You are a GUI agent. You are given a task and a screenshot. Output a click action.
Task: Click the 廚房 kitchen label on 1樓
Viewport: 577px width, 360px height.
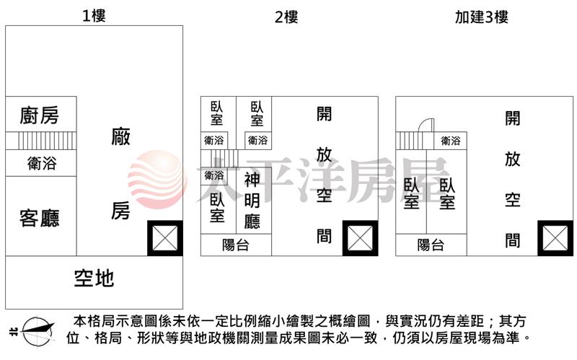click(40, 115)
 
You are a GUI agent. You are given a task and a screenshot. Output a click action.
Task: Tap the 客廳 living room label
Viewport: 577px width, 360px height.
click(40, 218)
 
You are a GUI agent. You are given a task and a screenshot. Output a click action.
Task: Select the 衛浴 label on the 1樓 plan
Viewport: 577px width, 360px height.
click(42, 163)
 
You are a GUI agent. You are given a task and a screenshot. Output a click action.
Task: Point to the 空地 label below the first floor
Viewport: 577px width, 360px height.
click(94, 278)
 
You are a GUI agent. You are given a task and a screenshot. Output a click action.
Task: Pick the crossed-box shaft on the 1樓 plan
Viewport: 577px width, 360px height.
click(165, 238)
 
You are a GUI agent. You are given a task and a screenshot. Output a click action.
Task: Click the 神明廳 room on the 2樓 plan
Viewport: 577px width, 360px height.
click(252, 201)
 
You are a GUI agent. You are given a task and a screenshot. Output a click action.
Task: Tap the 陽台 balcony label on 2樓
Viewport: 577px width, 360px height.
click(236, 245)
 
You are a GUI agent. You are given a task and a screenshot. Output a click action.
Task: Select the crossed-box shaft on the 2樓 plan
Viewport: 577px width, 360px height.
click(360, 238)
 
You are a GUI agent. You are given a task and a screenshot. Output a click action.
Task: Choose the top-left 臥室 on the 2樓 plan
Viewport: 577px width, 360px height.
click(217, 113)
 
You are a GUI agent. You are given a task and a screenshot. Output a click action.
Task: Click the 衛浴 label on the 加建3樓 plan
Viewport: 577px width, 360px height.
click(451, 140)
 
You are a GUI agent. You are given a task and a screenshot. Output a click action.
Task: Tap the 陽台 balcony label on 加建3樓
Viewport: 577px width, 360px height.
click(431, 245)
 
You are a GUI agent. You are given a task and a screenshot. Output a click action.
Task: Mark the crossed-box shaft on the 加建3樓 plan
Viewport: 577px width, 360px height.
click(555, 238)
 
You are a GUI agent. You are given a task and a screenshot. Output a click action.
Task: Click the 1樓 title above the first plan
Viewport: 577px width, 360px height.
click(94, 16)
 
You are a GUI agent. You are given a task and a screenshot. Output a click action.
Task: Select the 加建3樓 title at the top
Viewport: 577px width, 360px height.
click(482, 17)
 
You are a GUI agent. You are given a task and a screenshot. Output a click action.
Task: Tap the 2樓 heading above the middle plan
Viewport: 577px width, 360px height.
click(286, 17)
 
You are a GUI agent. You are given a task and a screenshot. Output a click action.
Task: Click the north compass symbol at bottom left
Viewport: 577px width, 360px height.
click(37, 332)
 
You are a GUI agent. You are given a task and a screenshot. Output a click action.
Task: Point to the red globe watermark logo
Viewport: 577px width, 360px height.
click(157, 180)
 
